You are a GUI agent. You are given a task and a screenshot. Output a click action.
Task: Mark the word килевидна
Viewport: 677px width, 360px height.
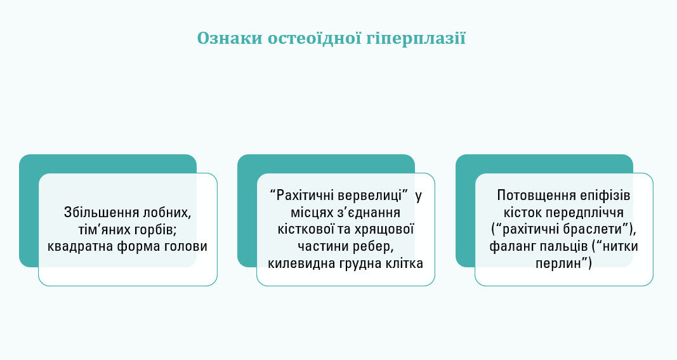pos(295,262)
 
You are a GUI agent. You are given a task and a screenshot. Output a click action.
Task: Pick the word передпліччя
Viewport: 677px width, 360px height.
pos(589,212)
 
